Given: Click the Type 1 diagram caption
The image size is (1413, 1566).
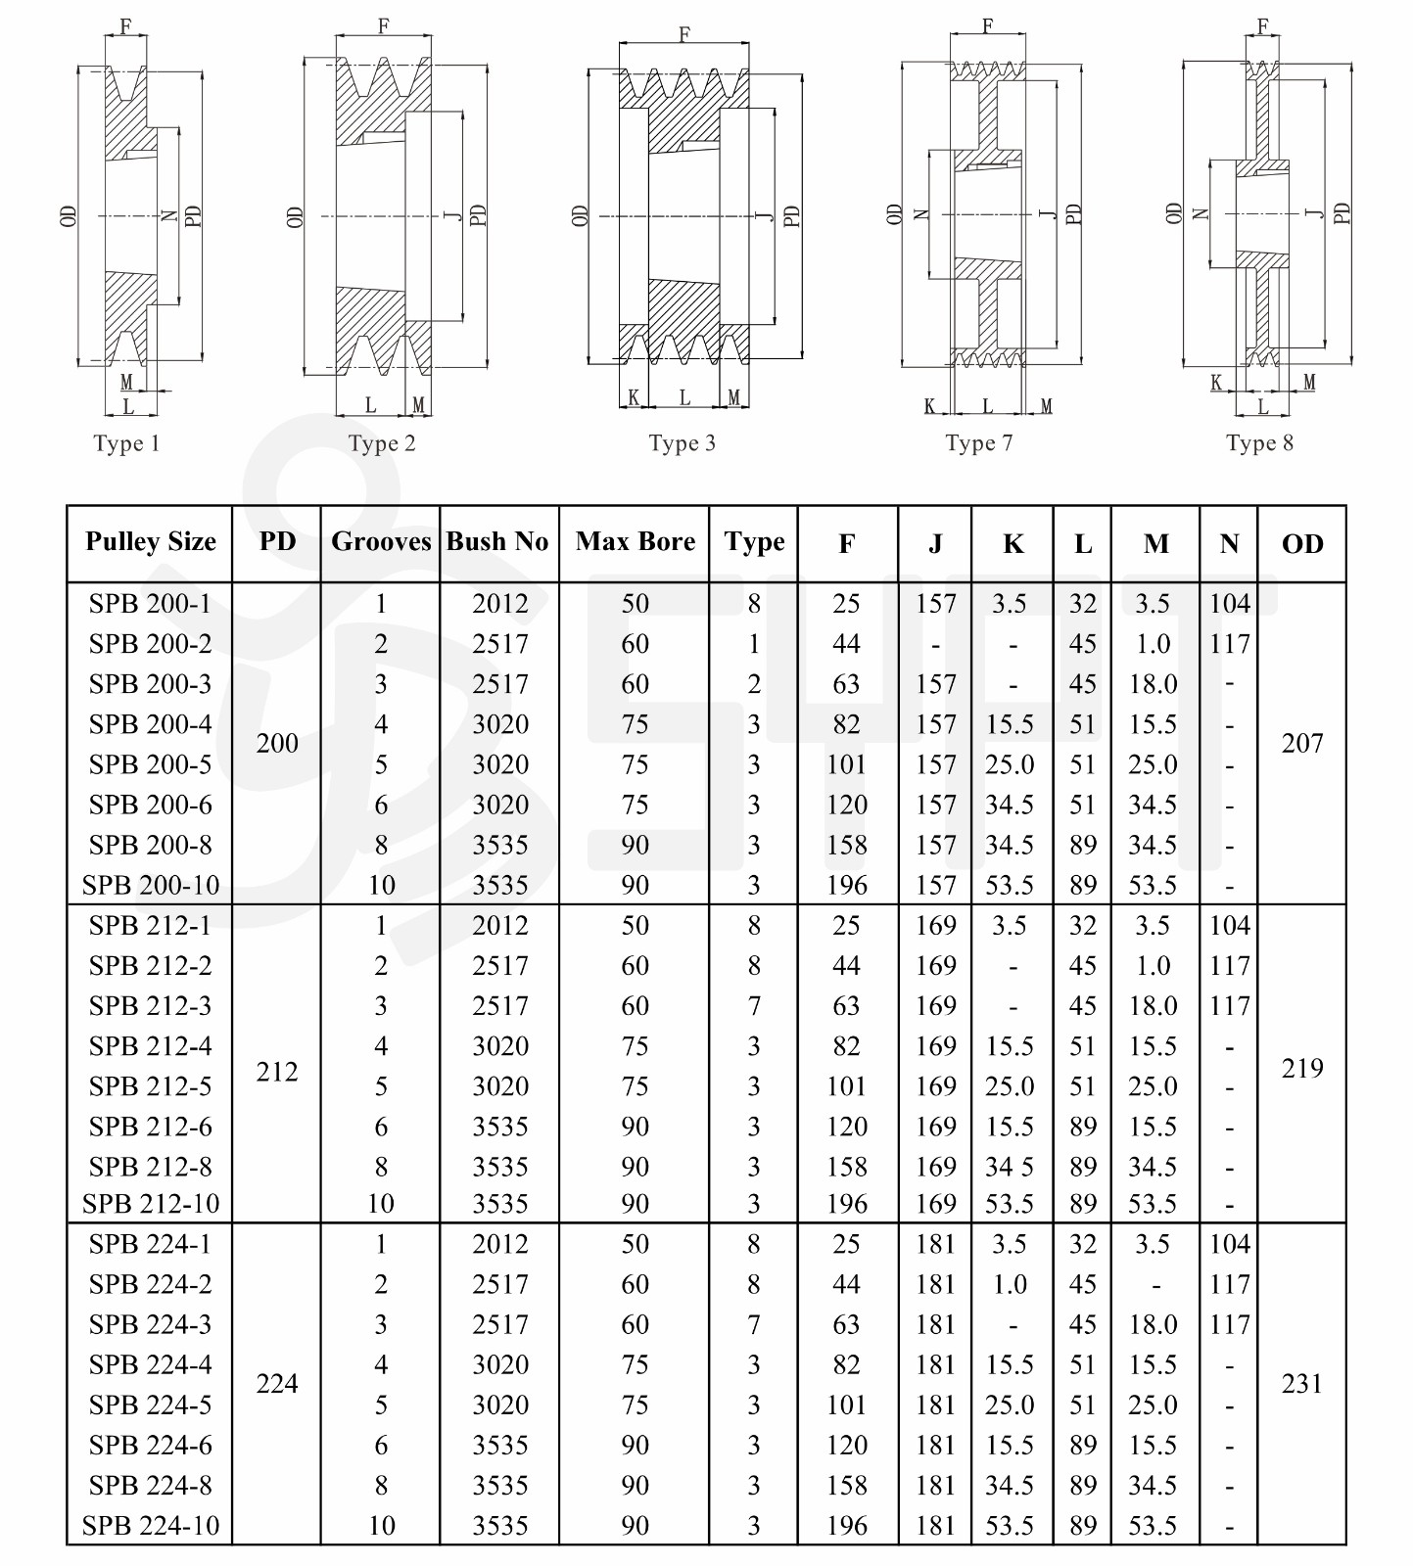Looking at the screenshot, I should coord(126,443).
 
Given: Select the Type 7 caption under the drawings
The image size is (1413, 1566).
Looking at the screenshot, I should coord(978,443).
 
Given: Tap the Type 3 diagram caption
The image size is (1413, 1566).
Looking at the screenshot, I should coord(682,443).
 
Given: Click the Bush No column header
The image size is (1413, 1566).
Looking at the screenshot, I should coord(497,542).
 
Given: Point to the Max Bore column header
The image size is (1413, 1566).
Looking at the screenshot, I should coord(636,542).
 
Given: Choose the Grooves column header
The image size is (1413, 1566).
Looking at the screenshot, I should coord(381,542).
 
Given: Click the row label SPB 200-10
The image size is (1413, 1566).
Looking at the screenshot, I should coord(151,885).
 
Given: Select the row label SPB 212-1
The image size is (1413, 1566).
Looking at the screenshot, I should coord(151,925).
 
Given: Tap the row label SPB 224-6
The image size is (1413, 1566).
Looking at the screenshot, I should coord(151,1445).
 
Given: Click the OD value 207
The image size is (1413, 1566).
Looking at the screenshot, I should coord(1301,744).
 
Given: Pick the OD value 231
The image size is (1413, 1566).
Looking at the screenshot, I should coord(1301,1384).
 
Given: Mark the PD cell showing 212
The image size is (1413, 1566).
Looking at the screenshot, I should coord(277,1072).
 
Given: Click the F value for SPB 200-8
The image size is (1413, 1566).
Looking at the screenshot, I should coord(847,845).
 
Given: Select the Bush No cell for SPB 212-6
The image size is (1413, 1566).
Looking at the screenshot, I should coord(500,1127).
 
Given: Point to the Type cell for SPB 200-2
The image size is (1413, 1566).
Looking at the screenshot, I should coord(754,644).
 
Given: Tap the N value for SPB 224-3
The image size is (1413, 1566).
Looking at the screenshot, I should coord(1230,1324).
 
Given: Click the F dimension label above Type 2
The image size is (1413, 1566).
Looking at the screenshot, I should coord(384,26).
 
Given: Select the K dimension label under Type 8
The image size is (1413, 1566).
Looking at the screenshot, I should coord(1216,383).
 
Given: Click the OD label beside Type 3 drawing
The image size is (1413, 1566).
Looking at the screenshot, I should coord(580,215).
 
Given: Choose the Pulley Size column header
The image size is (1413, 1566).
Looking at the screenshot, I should coord(151,542).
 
